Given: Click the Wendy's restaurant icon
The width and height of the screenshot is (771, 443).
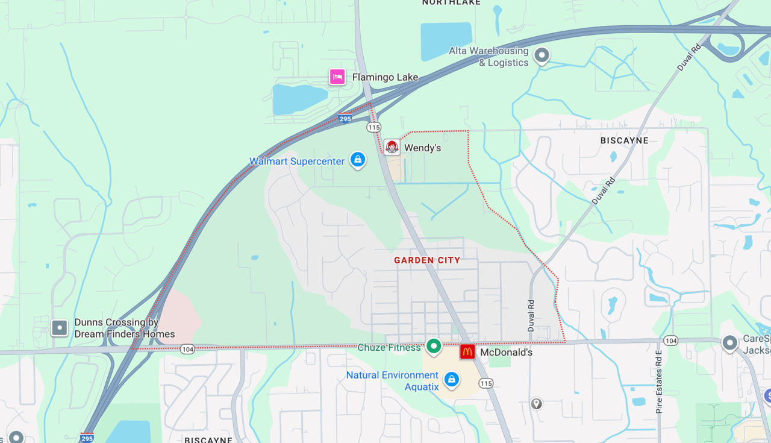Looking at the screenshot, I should tap(392, 147).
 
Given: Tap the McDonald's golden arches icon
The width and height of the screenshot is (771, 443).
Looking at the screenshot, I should tap(467, 352).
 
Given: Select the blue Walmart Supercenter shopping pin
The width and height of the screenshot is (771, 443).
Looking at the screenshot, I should tap(358, 160).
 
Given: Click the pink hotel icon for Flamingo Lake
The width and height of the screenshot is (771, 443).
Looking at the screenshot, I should tap(337, 77).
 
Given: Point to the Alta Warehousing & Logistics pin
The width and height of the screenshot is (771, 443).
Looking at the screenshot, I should tap(542, 56).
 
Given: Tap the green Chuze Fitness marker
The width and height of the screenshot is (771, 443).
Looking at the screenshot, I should tap(434, 347).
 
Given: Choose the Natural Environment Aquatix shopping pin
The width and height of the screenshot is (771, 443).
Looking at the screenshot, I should tap(451, 380).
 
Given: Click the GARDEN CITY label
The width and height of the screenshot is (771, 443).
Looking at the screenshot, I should tap(427, 260).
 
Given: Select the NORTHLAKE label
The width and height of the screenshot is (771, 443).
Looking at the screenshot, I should tap(451, 2).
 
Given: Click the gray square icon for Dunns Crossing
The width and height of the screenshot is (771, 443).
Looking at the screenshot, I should tap(60, 328).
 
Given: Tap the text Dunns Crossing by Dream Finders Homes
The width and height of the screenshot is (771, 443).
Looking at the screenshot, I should tap(125, 328).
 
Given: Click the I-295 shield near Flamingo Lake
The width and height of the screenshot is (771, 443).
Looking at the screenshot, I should tap(345, 119).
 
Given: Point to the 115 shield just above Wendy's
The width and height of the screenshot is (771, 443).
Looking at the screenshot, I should tap(374, 127).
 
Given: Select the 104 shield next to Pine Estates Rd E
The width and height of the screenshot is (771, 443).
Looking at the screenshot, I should tap(671, 341).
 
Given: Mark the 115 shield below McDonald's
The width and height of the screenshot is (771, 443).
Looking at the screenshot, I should tap(486, 383).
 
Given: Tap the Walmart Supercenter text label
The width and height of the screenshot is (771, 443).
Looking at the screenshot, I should tap(297, 162).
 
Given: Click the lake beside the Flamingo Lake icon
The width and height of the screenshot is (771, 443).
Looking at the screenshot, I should tap(299, 98).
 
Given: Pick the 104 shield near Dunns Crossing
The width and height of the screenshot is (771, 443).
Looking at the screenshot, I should tap(187, 349).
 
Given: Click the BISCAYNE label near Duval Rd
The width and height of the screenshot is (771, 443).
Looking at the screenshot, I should tap(625, 140).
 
